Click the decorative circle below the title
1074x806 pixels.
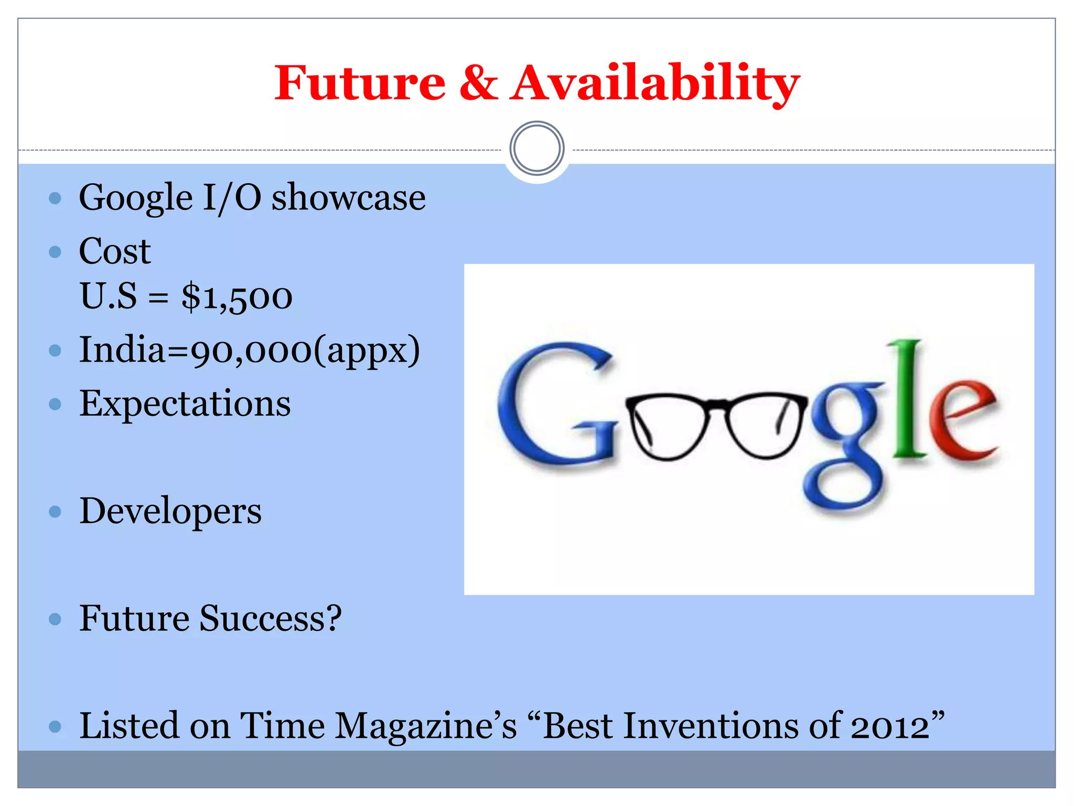click(x=536, y=149)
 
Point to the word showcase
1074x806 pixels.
click(x=348, y=198)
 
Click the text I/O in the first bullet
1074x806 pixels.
click(x=232, y=198)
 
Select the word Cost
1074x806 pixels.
click(x=115, y=251)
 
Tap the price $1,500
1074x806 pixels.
click(x=237, y=297)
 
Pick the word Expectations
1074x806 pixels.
click(x=185, y=404)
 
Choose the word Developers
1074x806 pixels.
click(x=170, y=512)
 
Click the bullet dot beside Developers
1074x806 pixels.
click(x=55, y=512)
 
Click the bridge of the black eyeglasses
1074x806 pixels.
click(x=717, y=404)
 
